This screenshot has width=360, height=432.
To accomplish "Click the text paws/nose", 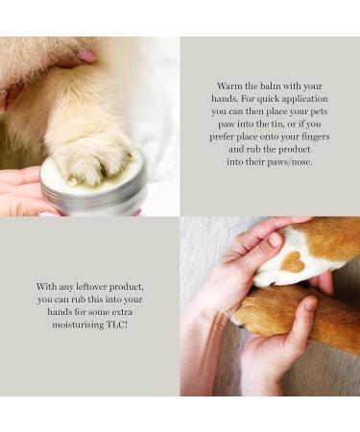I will pos(287,163).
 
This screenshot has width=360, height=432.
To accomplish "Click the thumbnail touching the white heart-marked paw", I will pos(276,239).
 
